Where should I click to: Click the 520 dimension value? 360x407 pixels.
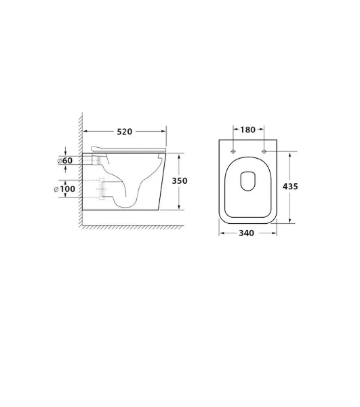coord(125,132)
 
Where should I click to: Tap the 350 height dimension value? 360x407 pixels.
coord(180,180)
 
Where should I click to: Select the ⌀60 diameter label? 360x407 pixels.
coord(65,161)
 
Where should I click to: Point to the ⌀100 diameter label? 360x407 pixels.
coord(64,189)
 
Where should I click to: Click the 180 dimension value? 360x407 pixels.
coord(248,130)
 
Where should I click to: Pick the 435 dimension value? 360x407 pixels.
coord(290,187)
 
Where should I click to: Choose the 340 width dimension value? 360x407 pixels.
coord(246,233)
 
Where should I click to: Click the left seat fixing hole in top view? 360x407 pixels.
coord(233,151)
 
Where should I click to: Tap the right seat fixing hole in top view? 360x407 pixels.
coord(264,151)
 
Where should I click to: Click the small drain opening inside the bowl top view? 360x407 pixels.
coord(248,181)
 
